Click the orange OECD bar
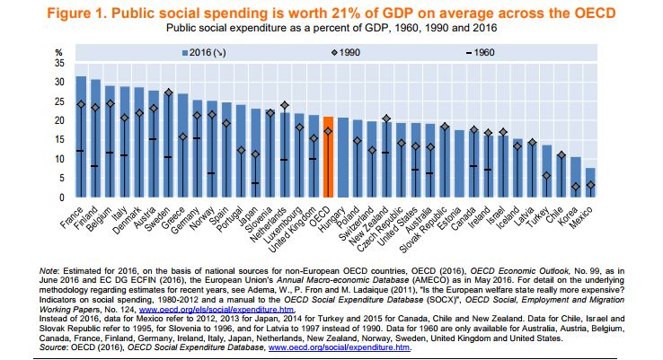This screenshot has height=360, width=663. (x=328, y=158)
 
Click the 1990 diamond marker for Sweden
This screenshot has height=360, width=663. (x=168, y=93)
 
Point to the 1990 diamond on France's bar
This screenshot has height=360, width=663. (x=81, y=104)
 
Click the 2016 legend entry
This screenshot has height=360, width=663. (x=208, y=53)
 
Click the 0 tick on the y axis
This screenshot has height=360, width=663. (x=62, y=198)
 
